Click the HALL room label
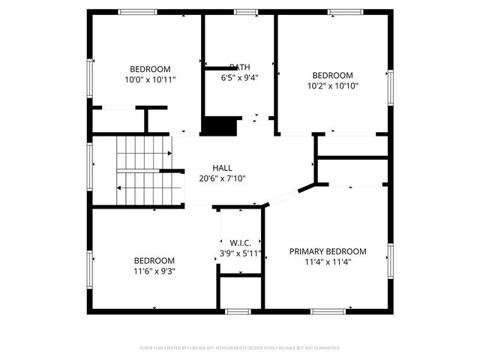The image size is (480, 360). coord(222,168)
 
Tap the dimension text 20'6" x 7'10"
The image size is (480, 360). coord(222,178)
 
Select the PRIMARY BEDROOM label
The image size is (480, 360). coord(328,251)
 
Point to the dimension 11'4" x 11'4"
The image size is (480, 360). coord(328,262)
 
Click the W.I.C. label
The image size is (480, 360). coord(240,243)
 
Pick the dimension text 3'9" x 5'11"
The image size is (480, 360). coord(240,253)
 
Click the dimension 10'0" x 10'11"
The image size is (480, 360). coord(150,79)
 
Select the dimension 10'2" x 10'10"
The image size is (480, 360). coord(332,85)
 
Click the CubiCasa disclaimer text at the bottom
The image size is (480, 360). coord(240,348)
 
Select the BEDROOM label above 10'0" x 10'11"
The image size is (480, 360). coord(150,69)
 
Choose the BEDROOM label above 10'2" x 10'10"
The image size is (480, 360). coord(332,75)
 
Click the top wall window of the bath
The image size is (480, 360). coord(245,12)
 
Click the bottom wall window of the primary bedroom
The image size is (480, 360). coord(328,311)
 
